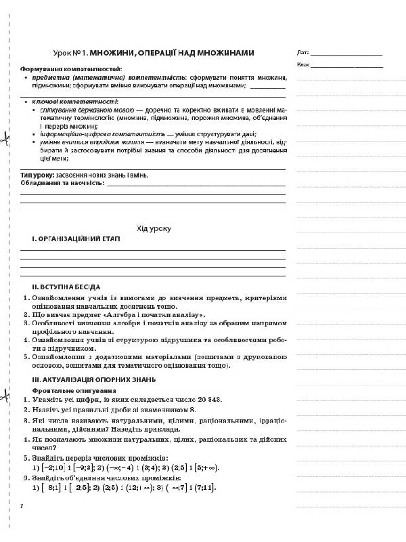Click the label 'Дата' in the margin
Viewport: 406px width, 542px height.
tap(302, 52)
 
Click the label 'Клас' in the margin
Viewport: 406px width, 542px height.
tap(302, 65)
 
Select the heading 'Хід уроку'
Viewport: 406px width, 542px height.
tap(154, 228)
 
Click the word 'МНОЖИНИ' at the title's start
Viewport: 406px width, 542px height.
tap(114, 52)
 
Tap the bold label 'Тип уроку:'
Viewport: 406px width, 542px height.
tap(37, 175)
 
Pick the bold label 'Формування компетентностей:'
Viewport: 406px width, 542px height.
tap(70, 69)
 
